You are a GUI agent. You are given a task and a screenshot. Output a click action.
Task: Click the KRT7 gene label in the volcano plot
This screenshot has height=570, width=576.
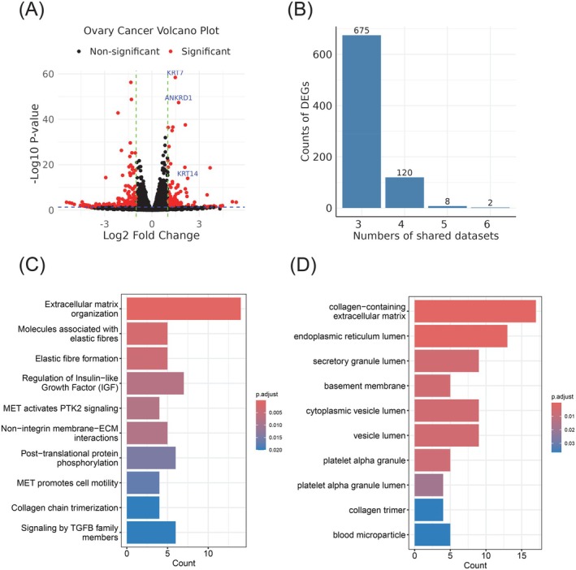pos(175,73)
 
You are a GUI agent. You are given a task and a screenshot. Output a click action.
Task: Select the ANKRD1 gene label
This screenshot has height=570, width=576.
pos(179,97)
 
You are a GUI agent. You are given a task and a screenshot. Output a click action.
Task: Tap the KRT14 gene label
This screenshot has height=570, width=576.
pos(188,173)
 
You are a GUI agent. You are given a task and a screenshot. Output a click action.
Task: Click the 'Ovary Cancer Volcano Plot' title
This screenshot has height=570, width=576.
pos(144,32)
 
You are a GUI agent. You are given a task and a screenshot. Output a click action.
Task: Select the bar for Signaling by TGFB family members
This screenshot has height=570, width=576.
pos(151,532)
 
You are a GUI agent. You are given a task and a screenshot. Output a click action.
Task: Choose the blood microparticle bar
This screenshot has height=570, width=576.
pos(432,534)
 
